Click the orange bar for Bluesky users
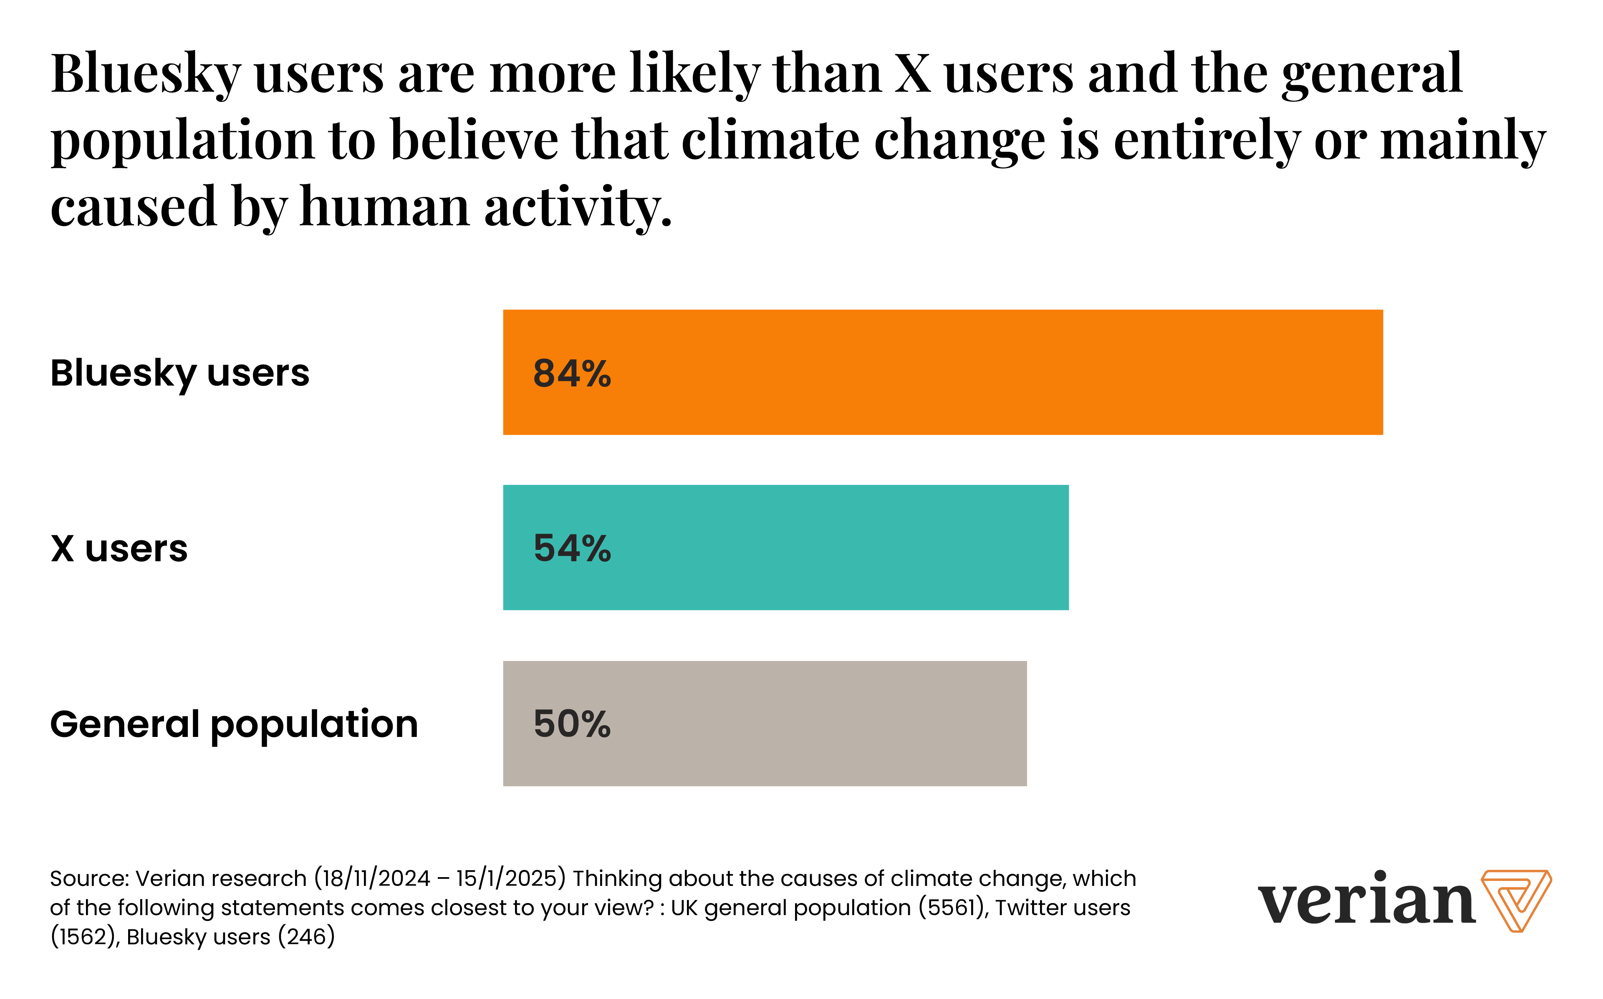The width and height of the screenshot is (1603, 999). pos(942,372)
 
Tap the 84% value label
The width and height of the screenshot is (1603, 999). pos(572,373)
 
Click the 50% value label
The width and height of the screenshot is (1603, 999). pos(572,724)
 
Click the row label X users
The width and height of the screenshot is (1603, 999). pos(119,548)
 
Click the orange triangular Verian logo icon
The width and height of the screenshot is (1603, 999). pos(1516,900)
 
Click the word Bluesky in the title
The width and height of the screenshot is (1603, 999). pos(145,74)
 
